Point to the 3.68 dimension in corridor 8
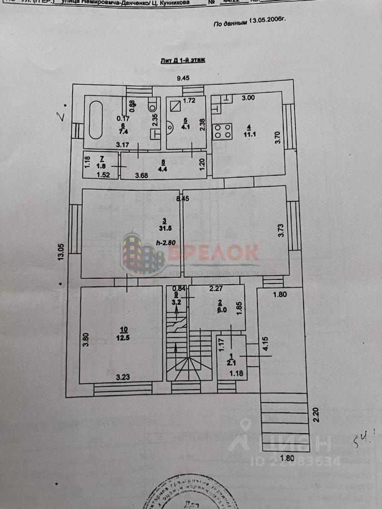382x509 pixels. pos(142,175)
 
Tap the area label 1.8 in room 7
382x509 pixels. pos(100,165)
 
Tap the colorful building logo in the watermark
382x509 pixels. pos(142,255)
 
